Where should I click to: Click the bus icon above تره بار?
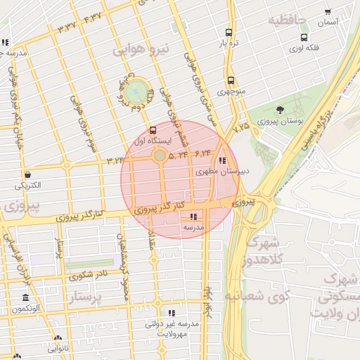coord(229,32)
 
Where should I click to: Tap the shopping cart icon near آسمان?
coord(328,12)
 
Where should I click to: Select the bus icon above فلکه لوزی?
coord(304,37)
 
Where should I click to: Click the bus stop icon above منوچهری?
coord(231,80)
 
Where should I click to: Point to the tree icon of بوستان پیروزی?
coord(281,110)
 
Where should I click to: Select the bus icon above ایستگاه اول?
coord(153,130)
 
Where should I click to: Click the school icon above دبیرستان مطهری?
coord(223,160)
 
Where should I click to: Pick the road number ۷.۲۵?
coord(241,127)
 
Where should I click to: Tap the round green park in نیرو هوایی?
coord(136,91)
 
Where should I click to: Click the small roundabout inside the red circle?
coord(160,155)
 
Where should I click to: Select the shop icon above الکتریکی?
coord(27,174)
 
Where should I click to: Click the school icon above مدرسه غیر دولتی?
coord(172,313)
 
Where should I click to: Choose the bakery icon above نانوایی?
coord(58,338)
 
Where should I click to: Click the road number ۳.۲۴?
coord(115,161)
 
